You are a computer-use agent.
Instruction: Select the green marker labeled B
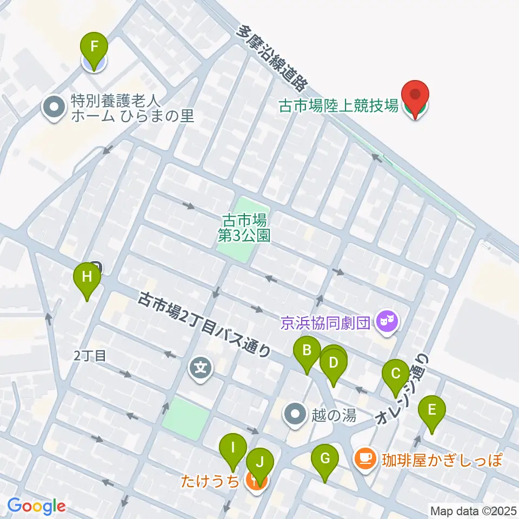(x=307, y=351)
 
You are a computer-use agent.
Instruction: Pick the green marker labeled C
(x=396, y=374)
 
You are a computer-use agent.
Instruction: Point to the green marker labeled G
(x=325, y=459)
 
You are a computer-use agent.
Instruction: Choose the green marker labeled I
(x=233, y=448)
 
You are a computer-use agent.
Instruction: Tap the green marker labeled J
(x=260, y=463)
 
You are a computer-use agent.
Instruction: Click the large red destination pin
(x=415, y=95)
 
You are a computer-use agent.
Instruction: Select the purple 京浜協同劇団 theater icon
(x=387, y=323)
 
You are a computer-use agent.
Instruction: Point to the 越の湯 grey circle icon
(x=296, y=415)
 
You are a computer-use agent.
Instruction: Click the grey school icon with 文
(x=201, y=370)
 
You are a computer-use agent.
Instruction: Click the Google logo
(x=36, y=506)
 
